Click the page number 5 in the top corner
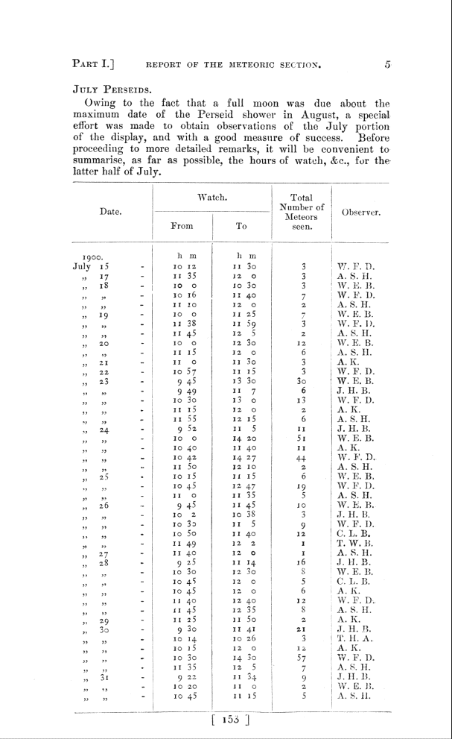[x=387, y=65]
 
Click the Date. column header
[x=111, y=213]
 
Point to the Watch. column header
[x=212, y=198]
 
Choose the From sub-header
[x=182, y=224]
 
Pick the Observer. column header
[x=362, y=213]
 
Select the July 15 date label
[x=91, y=265]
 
